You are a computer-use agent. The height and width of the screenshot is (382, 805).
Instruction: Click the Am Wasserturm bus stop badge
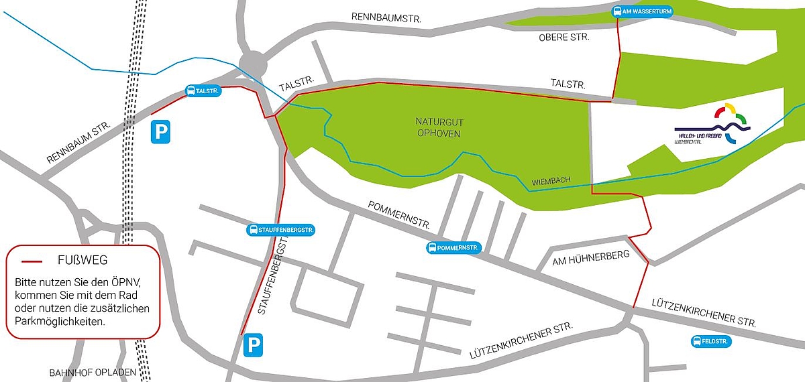[x=642, y=11]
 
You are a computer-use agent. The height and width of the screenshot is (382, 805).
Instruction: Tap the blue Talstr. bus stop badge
[x=203, y=91]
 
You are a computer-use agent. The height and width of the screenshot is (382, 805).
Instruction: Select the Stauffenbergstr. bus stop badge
[x=281, y=230]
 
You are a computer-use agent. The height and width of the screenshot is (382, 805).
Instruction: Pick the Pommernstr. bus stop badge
[x=455, y=248]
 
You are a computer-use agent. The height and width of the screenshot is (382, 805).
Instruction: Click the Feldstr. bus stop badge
[x=711, y=342]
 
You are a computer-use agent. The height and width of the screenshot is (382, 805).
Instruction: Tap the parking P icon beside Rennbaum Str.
[x=161, y=131]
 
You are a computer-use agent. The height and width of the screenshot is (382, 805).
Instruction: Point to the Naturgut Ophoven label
[x=439, y=127]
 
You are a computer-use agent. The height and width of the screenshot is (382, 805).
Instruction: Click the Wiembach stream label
[x=551, y=182]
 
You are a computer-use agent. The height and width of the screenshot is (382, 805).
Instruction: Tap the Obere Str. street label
[x=563, y=38]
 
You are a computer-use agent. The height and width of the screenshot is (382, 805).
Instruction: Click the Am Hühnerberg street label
[x=591, y=255]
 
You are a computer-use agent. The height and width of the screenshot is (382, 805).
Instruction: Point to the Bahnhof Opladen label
[x=93, y=372]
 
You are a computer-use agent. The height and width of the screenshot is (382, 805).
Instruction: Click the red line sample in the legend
[x=32, y=261]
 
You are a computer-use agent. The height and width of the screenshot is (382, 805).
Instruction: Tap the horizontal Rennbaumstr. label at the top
[x=386, y=18]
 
